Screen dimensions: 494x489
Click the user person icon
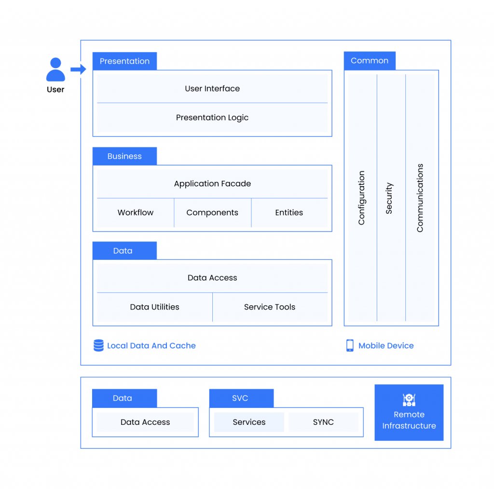[55, 69]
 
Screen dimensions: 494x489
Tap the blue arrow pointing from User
[78, 69]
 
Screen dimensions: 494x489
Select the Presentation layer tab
[125, 61]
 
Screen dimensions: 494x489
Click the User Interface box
[212, 88]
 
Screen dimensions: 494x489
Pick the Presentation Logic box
[212, 118]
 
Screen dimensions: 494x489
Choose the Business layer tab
[125, 156]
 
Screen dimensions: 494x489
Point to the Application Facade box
[212, 184]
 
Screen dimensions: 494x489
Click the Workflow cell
[136, 213]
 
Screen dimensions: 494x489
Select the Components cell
[213, 213]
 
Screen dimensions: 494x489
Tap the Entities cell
[289, 213]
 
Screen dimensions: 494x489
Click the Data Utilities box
[155, 307]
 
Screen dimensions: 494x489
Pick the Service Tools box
[270, 307]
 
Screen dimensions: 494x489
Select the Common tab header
[370, 61]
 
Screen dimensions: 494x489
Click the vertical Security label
[389, 198]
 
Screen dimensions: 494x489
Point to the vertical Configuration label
[361, 198]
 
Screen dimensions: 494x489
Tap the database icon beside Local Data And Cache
[98, 345]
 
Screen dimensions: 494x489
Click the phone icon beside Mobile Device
[350, 345]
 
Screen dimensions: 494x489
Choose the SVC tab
[241, 398]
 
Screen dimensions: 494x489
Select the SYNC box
[323, 422]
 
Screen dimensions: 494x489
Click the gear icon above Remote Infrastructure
[409, 400]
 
